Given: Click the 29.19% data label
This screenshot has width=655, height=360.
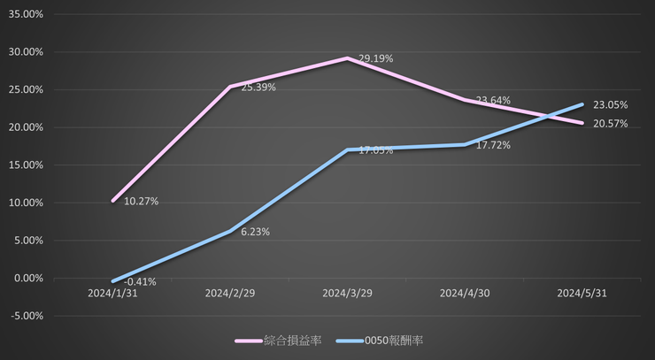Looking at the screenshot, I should tap(375, 58).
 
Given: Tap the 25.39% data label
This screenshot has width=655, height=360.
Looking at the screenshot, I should tap(258, 88).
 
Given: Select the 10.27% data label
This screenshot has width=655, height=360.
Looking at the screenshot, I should tap(141, 202).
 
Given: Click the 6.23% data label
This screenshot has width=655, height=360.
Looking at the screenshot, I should tap(255, 232).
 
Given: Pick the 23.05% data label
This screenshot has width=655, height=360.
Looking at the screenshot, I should tap(611, 104).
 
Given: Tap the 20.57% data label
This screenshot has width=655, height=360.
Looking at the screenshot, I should tap(611, 124).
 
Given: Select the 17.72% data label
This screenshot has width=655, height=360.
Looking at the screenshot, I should tap(493, 145).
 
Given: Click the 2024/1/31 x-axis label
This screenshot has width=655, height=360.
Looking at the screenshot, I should tap(112, 293).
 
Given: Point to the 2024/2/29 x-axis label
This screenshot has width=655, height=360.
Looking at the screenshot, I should tap(230, 293).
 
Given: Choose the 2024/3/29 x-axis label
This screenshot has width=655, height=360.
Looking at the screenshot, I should tap(347, 293).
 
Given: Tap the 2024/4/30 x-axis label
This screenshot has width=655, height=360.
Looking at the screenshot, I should tap(465, 293).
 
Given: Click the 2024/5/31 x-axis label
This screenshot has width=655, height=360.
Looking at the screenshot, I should tap(582, 293).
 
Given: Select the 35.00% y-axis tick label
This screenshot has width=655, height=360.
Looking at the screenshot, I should tap(26, 14).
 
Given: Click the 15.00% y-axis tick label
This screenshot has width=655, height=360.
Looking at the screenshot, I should tap(26, 165).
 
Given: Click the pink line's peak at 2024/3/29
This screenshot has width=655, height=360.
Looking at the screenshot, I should tap(347, 58).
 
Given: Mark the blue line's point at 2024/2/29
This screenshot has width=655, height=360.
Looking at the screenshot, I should tap(230, 231).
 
